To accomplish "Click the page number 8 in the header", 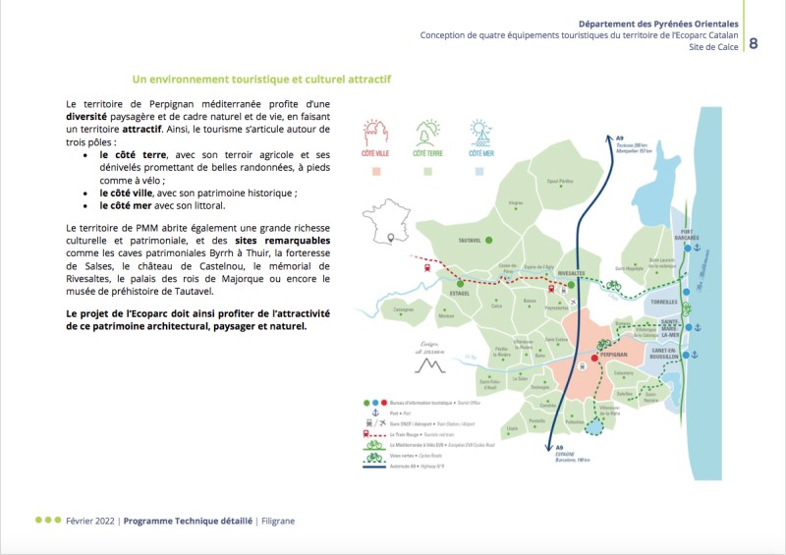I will tap(754, 43).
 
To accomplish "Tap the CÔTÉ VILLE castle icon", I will tap(376, 133).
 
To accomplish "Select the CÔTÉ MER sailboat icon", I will tap(480, 132).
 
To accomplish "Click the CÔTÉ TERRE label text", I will tap(427, 154).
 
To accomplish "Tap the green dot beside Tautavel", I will tap(487, 240).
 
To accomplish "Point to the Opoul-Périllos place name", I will tap(560, 181).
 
